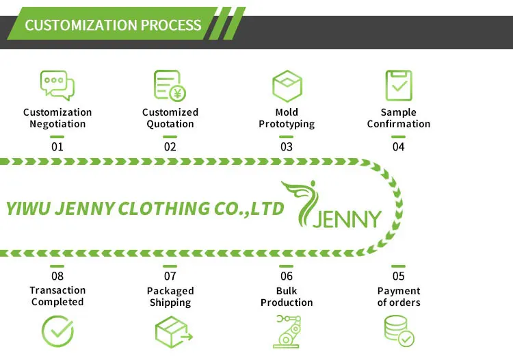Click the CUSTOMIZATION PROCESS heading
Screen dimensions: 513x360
point(113,26)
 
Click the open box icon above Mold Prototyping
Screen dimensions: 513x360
point(287,86)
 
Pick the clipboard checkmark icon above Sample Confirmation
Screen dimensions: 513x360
point(398,86)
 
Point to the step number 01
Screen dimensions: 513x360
point(57,146)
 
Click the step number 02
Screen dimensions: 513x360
point(170,146)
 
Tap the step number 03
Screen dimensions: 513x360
point(287,146)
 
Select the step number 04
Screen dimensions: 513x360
point(398,146)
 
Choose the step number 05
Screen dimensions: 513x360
point(398,277)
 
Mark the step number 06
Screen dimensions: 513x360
point(287,277)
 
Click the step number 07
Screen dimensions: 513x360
point(170,277)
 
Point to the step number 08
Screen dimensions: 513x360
point(57,277)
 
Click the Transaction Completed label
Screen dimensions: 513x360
point(57,296)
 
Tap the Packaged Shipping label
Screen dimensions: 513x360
point(170,297)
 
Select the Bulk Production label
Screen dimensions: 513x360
point(287,297)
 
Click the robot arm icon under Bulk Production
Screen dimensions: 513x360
point(287,332)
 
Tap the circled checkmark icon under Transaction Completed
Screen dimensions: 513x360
point(57,332)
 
